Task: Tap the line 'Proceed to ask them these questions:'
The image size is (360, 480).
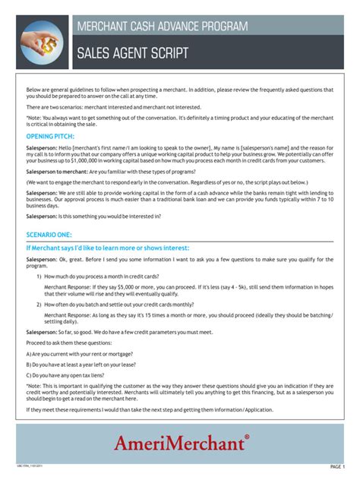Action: (71, 343)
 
